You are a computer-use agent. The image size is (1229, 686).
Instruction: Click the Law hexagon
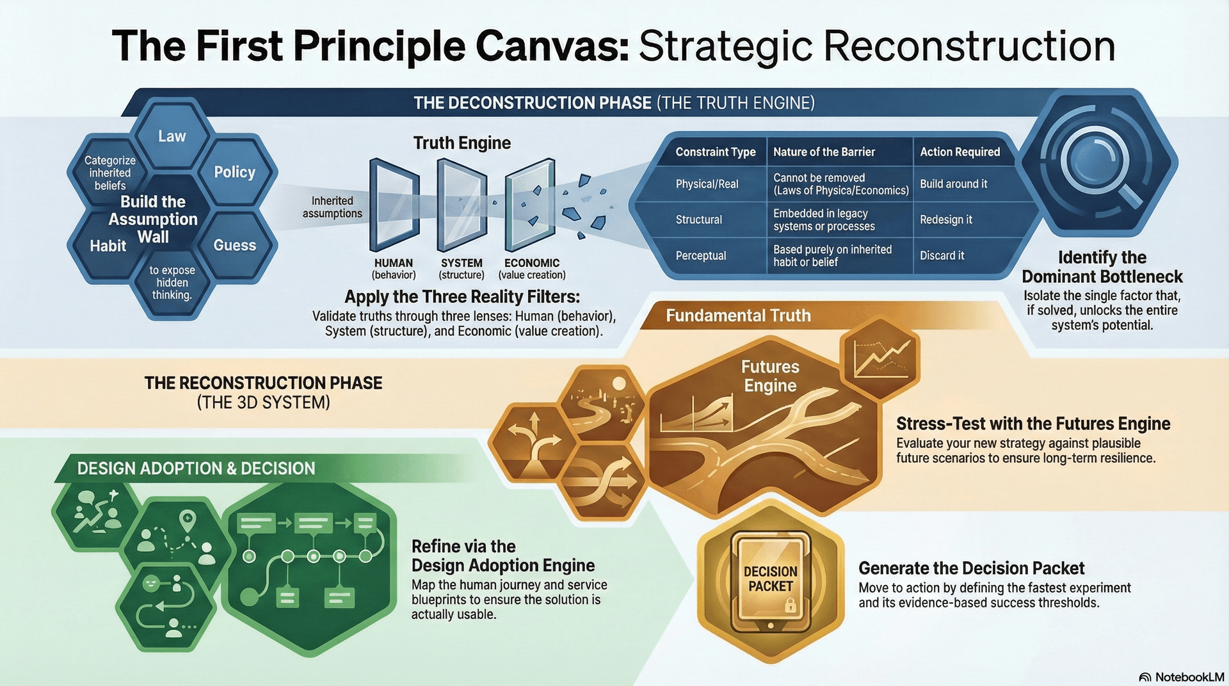click(x=172, y=136)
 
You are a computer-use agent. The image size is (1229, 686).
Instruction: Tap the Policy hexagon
click(x=234, y=172)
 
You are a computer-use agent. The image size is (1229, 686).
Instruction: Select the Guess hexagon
click(x=234, y=245)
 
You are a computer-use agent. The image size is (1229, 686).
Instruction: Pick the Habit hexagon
click(x=108, y=246)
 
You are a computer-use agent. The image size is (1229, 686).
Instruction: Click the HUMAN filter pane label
click(x=393, y=263)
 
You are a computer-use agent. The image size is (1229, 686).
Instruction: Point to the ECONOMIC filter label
click(x=531, y=263)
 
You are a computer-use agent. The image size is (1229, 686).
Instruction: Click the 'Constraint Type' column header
click(x=715, y=152)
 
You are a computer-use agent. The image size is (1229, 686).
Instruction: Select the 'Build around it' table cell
click(x=953, y=184)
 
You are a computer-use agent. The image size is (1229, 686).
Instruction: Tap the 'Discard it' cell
click(x=942, y=256)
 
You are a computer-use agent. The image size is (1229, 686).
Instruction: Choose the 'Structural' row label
click(x=698, y=220)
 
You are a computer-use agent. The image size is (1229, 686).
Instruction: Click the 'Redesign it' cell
click(x=945, y=220)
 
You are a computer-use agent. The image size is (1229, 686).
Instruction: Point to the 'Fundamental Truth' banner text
click(x=738, y=315)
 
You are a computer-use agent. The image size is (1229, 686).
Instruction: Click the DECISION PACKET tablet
click(x=771, y=578)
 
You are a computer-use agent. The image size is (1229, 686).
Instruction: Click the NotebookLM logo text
click(x=1189, y=677)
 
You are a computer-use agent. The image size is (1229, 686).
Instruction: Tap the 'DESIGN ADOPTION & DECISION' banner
click(x=196, y=468)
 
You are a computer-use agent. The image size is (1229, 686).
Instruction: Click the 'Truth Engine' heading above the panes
click(x=462, y=143)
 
